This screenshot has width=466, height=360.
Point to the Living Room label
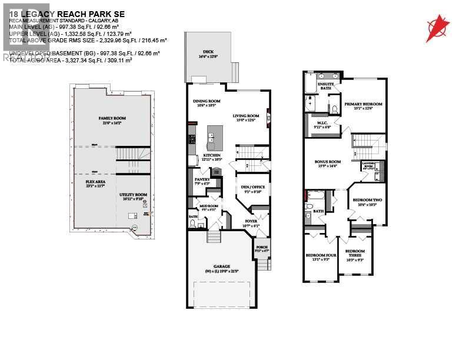coord(246,116)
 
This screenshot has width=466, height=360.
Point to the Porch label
coord(261,247)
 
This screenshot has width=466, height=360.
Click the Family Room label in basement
coord(112,118)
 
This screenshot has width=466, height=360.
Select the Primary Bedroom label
coord(363,104)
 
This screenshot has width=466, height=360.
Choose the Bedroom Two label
coord(367,201)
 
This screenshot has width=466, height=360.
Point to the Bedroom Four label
coord(321,255)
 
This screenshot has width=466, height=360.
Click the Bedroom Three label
coord(355,254)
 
